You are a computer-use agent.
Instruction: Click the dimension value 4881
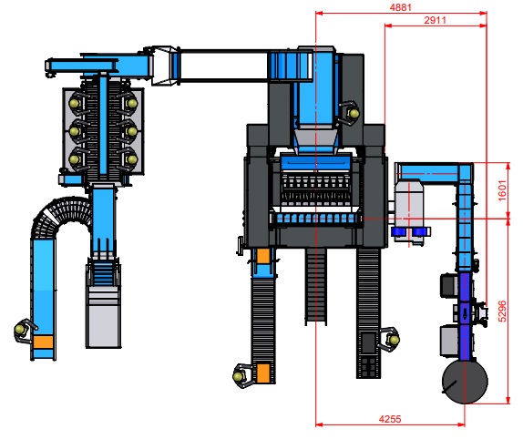point(401,7)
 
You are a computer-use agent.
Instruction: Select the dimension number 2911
point(435,20)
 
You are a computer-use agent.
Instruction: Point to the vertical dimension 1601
point(502,190)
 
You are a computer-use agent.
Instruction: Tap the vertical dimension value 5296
point(502,311)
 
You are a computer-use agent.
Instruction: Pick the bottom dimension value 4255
point(390,419)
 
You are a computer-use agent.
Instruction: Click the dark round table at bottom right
point(465,382)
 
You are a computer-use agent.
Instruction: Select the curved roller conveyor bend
point(60,216)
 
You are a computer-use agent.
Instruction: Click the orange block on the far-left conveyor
point(44,342)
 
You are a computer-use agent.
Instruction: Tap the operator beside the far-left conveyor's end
point(24,330)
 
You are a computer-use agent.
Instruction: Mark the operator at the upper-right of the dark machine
point(350,113)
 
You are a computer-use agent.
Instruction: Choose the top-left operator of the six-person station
point(76,103)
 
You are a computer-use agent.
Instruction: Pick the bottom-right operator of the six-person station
point(130,159)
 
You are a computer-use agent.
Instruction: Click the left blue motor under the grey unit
point(398,231)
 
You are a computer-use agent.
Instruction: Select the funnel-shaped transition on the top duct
point(162,66)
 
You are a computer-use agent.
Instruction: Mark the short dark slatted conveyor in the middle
point(315,286)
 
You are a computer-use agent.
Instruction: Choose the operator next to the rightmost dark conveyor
point(390,339)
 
